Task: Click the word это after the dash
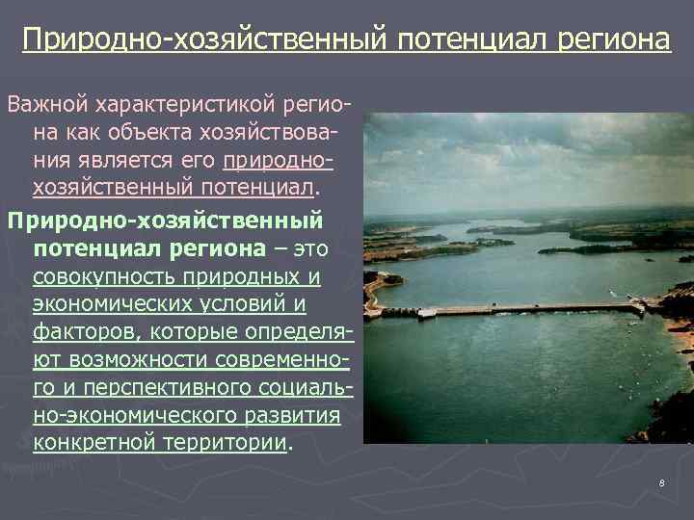click(x=308, y=249)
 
